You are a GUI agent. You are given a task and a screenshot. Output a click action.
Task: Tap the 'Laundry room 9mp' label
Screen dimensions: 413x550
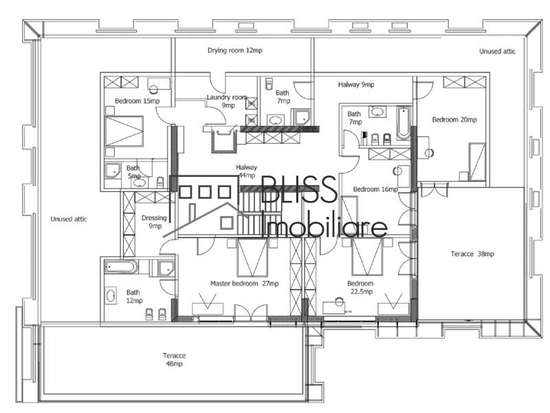[x=227, y=102]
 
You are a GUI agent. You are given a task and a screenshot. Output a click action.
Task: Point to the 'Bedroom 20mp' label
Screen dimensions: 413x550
[x=454, y=120]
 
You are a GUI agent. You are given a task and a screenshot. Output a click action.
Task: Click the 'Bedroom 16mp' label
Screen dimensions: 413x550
[x=375, y=189]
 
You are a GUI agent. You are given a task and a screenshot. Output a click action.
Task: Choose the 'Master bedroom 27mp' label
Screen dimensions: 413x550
[x=244, y=284]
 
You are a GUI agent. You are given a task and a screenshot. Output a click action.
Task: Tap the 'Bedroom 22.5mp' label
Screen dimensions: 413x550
[x=360, y=288]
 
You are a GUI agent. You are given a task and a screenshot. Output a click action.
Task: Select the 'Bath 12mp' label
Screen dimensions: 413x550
[x=133, y=296]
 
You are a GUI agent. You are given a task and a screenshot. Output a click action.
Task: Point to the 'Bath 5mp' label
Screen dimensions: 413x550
[x=133, y=172]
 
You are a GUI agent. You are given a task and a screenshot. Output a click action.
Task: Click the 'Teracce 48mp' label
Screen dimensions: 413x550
[x=174, y=359]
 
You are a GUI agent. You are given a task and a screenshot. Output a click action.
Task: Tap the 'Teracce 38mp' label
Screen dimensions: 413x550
[x=472, y=254]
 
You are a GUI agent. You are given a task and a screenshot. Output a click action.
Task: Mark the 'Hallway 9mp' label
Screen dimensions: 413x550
[x=356, y=85]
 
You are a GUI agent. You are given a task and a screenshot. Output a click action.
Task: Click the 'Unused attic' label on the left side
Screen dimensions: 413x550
[x=69, y=219]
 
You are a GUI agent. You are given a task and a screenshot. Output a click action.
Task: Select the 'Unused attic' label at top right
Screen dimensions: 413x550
[x=497, y=52]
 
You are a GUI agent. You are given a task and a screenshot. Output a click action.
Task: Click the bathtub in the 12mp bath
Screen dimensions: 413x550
[x=121, y=267]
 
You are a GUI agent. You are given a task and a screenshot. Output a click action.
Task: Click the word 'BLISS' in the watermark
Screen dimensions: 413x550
[x=298, y=190]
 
